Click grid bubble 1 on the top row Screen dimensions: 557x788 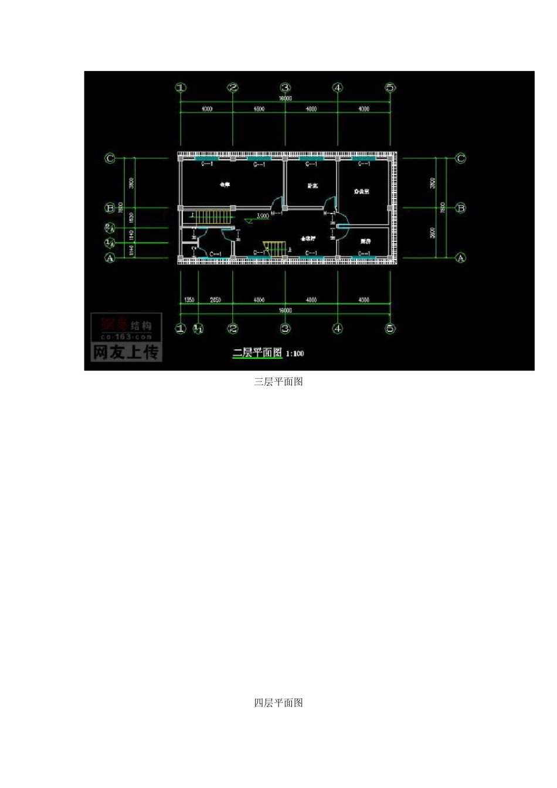tap(181, 88)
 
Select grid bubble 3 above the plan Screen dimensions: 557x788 tap(285, 88)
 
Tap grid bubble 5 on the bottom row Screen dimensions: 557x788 tap(390, 329)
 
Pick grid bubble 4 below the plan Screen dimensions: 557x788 tap(338, 329)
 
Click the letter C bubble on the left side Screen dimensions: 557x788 tap(110, 158)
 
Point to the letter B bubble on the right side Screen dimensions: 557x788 tap(461, 208)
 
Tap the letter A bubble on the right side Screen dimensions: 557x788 tap(461, 258)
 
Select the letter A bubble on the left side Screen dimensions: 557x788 tap(110, 258)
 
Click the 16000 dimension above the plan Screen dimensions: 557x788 tap(285, 99)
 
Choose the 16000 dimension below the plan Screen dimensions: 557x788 tap(285, 310)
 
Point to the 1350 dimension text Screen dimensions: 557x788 tap(189, 300)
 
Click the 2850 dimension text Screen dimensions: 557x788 tap(216, 300)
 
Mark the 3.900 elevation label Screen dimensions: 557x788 tap(262, 216)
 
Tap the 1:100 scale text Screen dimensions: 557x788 tap(295, 354)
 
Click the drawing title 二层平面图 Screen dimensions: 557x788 tap(257, 353)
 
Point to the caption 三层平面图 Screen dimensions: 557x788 tap(278, 382)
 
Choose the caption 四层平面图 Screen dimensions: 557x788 tap(278, 702)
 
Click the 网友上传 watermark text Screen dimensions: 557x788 tap(126, 352)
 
